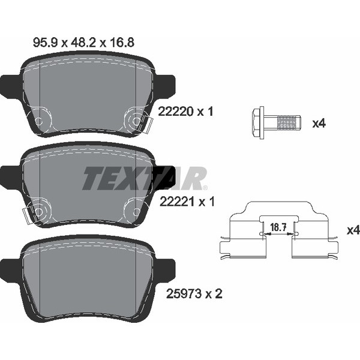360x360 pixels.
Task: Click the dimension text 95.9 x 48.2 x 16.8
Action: pyautogui.click(x=83, y=43)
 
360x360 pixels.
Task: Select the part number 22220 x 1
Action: pyautogui.click(x=186, y=112)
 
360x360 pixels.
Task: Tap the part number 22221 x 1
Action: pyautogui.click(x=187, y=202)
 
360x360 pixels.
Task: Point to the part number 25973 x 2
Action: pyautogui.click(x=194, y=293)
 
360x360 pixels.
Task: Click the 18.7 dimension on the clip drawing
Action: pyautogui.click(x=278, y=227)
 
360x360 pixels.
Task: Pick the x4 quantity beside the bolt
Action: pyautogui.click(x=319, y=124)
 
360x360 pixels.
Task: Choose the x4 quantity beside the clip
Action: pyautogui.click(x=353, y=230)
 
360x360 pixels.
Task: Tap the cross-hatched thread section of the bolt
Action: pyautogui.click(x=287, y=123)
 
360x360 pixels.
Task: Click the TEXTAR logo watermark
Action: pyautogui.click(x=145, y=179)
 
